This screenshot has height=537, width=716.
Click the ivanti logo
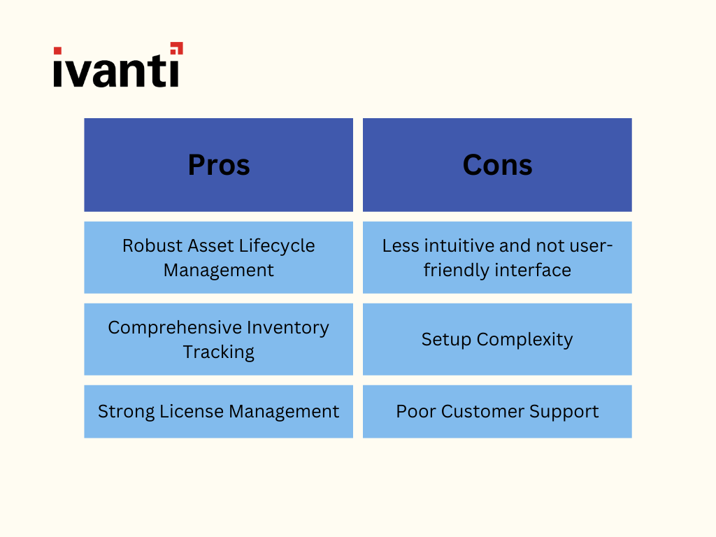tap(118, 65)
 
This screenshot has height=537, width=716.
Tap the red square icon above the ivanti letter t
tap(177, 48)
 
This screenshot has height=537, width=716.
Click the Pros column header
tap(219, 165)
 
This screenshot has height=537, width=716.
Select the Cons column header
tap(497, 165)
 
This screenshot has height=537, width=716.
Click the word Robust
tap(152, 245)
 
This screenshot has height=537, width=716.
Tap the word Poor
tap(415, 411)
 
